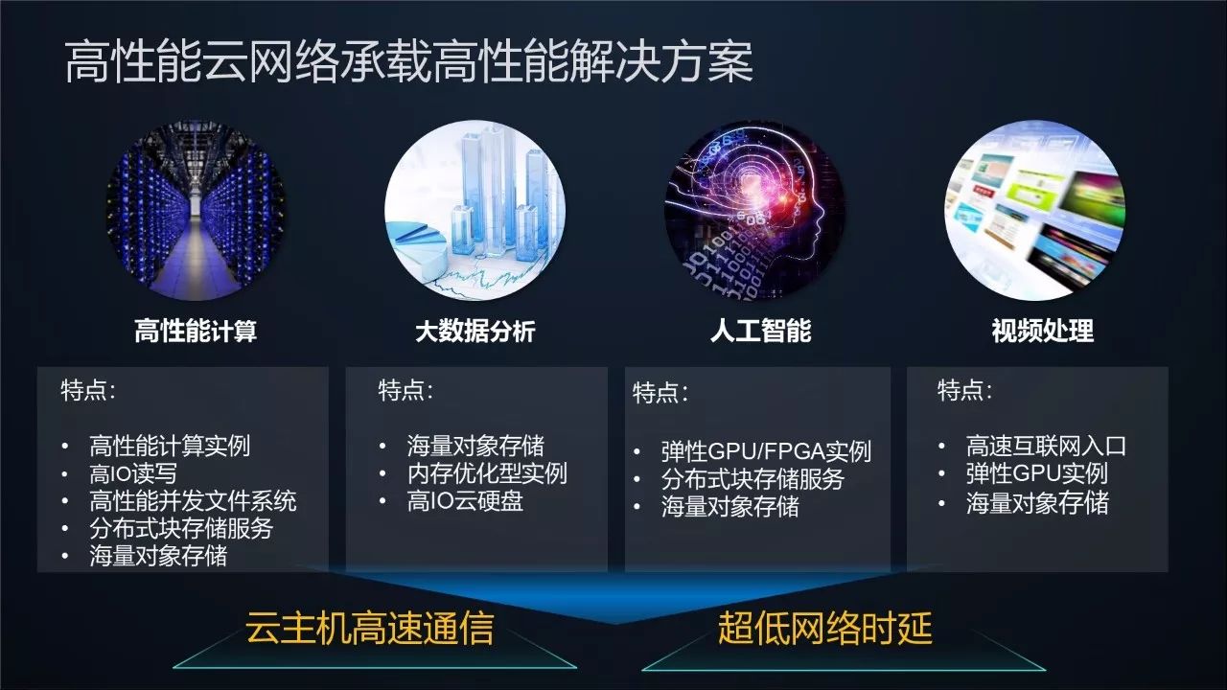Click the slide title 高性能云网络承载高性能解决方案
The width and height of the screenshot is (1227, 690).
coord(408,64)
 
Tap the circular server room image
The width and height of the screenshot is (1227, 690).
coord(196,211)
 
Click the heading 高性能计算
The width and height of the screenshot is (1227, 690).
coord(196,332)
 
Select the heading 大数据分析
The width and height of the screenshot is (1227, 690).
coord(475,332)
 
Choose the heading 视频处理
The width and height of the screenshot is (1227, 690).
coord(1042,332)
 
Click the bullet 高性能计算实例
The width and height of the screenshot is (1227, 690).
coord(170,446)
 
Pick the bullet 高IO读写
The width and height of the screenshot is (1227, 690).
coord(133,473)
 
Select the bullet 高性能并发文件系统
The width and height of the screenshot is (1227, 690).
coord(193,500)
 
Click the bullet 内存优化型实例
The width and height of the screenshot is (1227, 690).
coord(487,473)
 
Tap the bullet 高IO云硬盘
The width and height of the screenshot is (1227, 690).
coord(465,501)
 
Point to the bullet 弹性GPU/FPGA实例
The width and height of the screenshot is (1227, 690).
coord(766,451)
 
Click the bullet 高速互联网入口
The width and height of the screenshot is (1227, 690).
coord(1046,446)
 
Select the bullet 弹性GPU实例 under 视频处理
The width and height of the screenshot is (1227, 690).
coord(1036,473)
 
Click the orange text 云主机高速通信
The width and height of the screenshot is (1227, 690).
coord(369,628)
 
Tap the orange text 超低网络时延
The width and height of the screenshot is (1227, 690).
coord(824,628)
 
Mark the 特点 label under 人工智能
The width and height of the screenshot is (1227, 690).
coord(660,393)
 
